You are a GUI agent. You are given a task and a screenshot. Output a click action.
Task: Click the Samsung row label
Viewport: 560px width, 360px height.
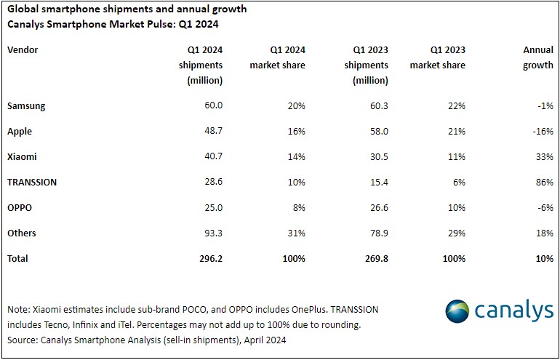(26, 106)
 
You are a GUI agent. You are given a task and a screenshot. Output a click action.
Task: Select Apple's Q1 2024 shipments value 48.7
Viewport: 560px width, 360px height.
(211, 132)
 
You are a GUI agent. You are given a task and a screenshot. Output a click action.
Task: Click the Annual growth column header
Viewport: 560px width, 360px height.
(537, 58)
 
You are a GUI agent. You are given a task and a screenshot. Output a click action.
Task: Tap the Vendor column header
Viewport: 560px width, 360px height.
(23, 50)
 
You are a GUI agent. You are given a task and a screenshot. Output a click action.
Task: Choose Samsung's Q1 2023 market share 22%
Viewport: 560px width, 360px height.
(455, 106)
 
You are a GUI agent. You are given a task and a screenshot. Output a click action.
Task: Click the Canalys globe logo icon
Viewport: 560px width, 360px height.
(457, 311)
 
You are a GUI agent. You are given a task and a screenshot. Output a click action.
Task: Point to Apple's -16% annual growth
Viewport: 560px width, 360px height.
(541, 132)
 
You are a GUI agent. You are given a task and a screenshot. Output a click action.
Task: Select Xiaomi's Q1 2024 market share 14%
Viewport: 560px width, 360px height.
(295, 157)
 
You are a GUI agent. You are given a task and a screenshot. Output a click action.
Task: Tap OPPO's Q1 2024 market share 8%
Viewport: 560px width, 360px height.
(298, 208)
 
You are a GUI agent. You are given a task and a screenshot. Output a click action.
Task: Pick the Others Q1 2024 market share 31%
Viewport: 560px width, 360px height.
(295, 233)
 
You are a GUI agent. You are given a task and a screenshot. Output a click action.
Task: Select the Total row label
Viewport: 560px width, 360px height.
(19, 258)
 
